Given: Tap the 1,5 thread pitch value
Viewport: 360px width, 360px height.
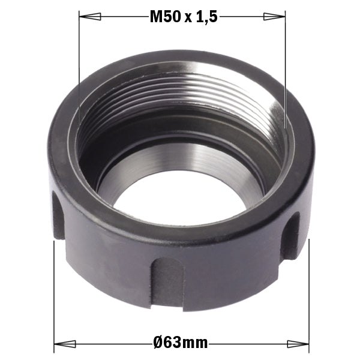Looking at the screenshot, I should click(205, 17).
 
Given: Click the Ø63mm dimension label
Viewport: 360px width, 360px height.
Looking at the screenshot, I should click(180, 343).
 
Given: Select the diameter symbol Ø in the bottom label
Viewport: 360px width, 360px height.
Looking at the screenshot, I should click(158, 343).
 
